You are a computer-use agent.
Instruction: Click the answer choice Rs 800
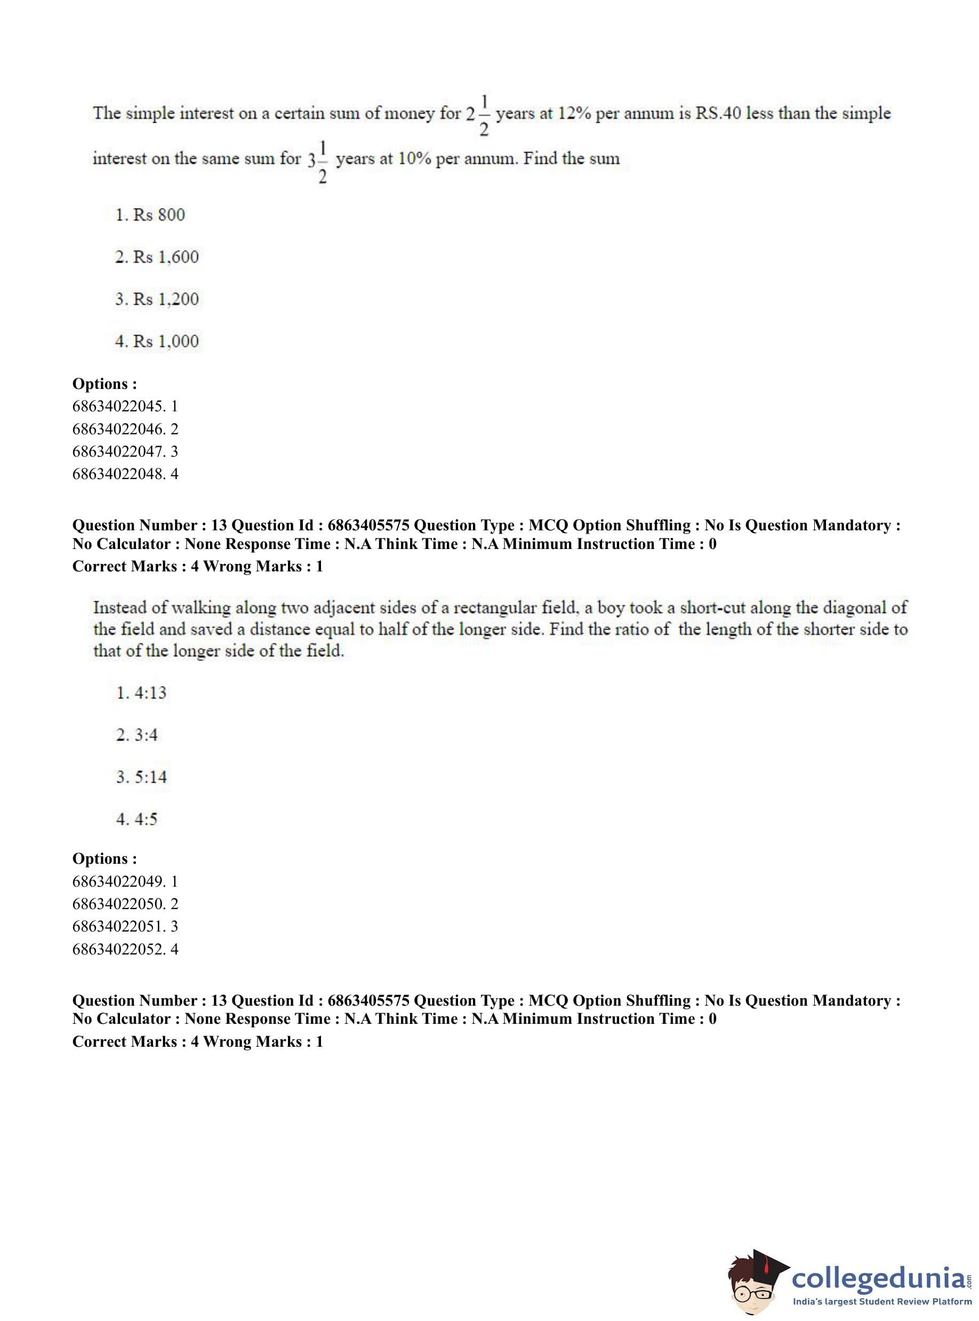click(150, 214)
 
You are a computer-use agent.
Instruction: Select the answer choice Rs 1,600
click(157, 257)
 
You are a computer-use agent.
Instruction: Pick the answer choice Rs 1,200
click(157, 299)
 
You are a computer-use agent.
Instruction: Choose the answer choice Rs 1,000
click(157, 341)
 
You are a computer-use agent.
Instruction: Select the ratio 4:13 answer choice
click(142, 693)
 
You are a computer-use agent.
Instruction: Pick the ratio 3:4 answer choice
click(138, 735)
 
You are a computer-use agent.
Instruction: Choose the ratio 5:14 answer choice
click(142, 777)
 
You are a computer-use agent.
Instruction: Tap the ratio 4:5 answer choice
click(138, 819)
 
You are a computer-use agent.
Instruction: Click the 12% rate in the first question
click(575, 113)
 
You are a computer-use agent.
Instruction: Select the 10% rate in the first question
click(414, 159)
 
